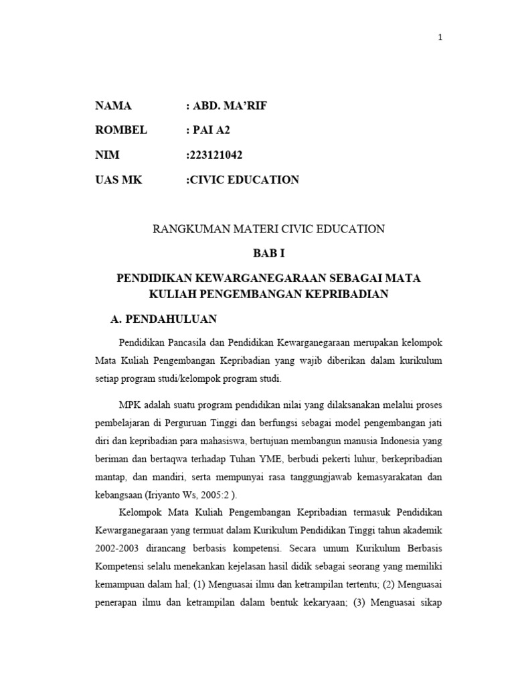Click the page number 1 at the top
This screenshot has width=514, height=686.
[440, 38]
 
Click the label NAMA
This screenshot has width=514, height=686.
[114, 106]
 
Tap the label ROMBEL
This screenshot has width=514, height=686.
[120, 130]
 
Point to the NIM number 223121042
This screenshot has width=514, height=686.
[216, 155]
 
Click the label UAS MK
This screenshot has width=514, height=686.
[120, 180]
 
